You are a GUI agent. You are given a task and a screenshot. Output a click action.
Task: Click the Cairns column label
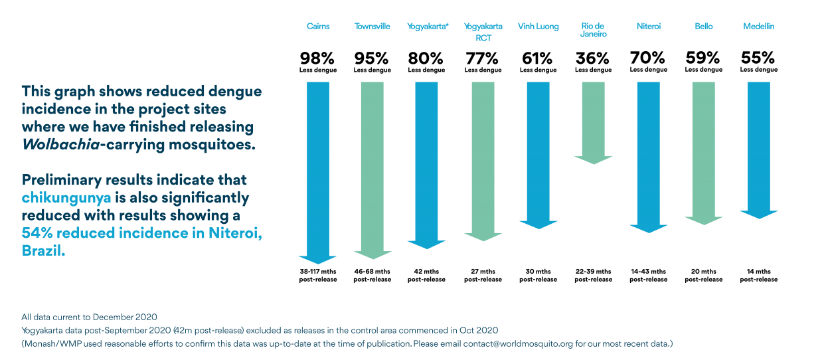(x=318, y=27)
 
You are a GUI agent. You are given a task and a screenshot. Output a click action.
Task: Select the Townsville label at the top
(x=372, y=27)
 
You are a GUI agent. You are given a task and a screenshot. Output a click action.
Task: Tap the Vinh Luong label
(x=538, y=27)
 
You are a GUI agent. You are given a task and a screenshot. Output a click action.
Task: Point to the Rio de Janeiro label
(x=593, y=31)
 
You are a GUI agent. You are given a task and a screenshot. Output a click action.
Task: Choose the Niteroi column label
(x=648, y=27)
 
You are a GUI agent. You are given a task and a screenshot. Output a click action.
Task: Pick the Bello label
(x=703, y=27)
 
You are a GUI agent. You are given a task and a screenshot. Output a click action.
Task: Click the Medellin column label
(x=758, y=27)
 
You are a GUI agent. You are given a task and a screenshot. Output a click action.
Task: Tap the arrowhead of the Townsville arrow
(x=373, y=255)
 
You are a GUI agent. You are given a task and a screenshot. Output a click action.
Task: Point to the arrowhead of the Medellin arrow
(x=758, y=215)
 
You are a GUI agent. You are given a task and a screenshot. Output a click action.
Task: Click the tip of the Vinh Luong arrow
(x=538, y=228)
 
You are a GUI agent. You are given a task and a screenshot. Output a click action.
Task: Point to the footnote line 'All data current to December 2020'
(x=89, y=317)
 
